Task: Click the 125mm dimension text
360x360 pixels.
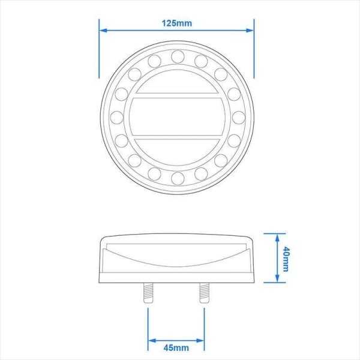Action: coord(176,23)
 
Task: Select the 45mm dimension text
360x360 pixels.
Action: coord(176,347)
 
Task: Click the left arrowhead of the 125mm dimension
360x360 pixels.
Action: coord(103,29)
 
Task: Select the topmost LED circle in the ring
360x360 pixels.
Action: coord(177,56)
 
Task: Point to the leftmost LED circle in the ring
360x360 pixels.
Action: coord(116,117)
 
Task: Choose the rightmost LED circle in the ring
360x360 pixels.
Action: coord(238,117)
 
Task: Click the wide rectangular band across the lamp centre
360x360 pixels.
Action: coord(177,117)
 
